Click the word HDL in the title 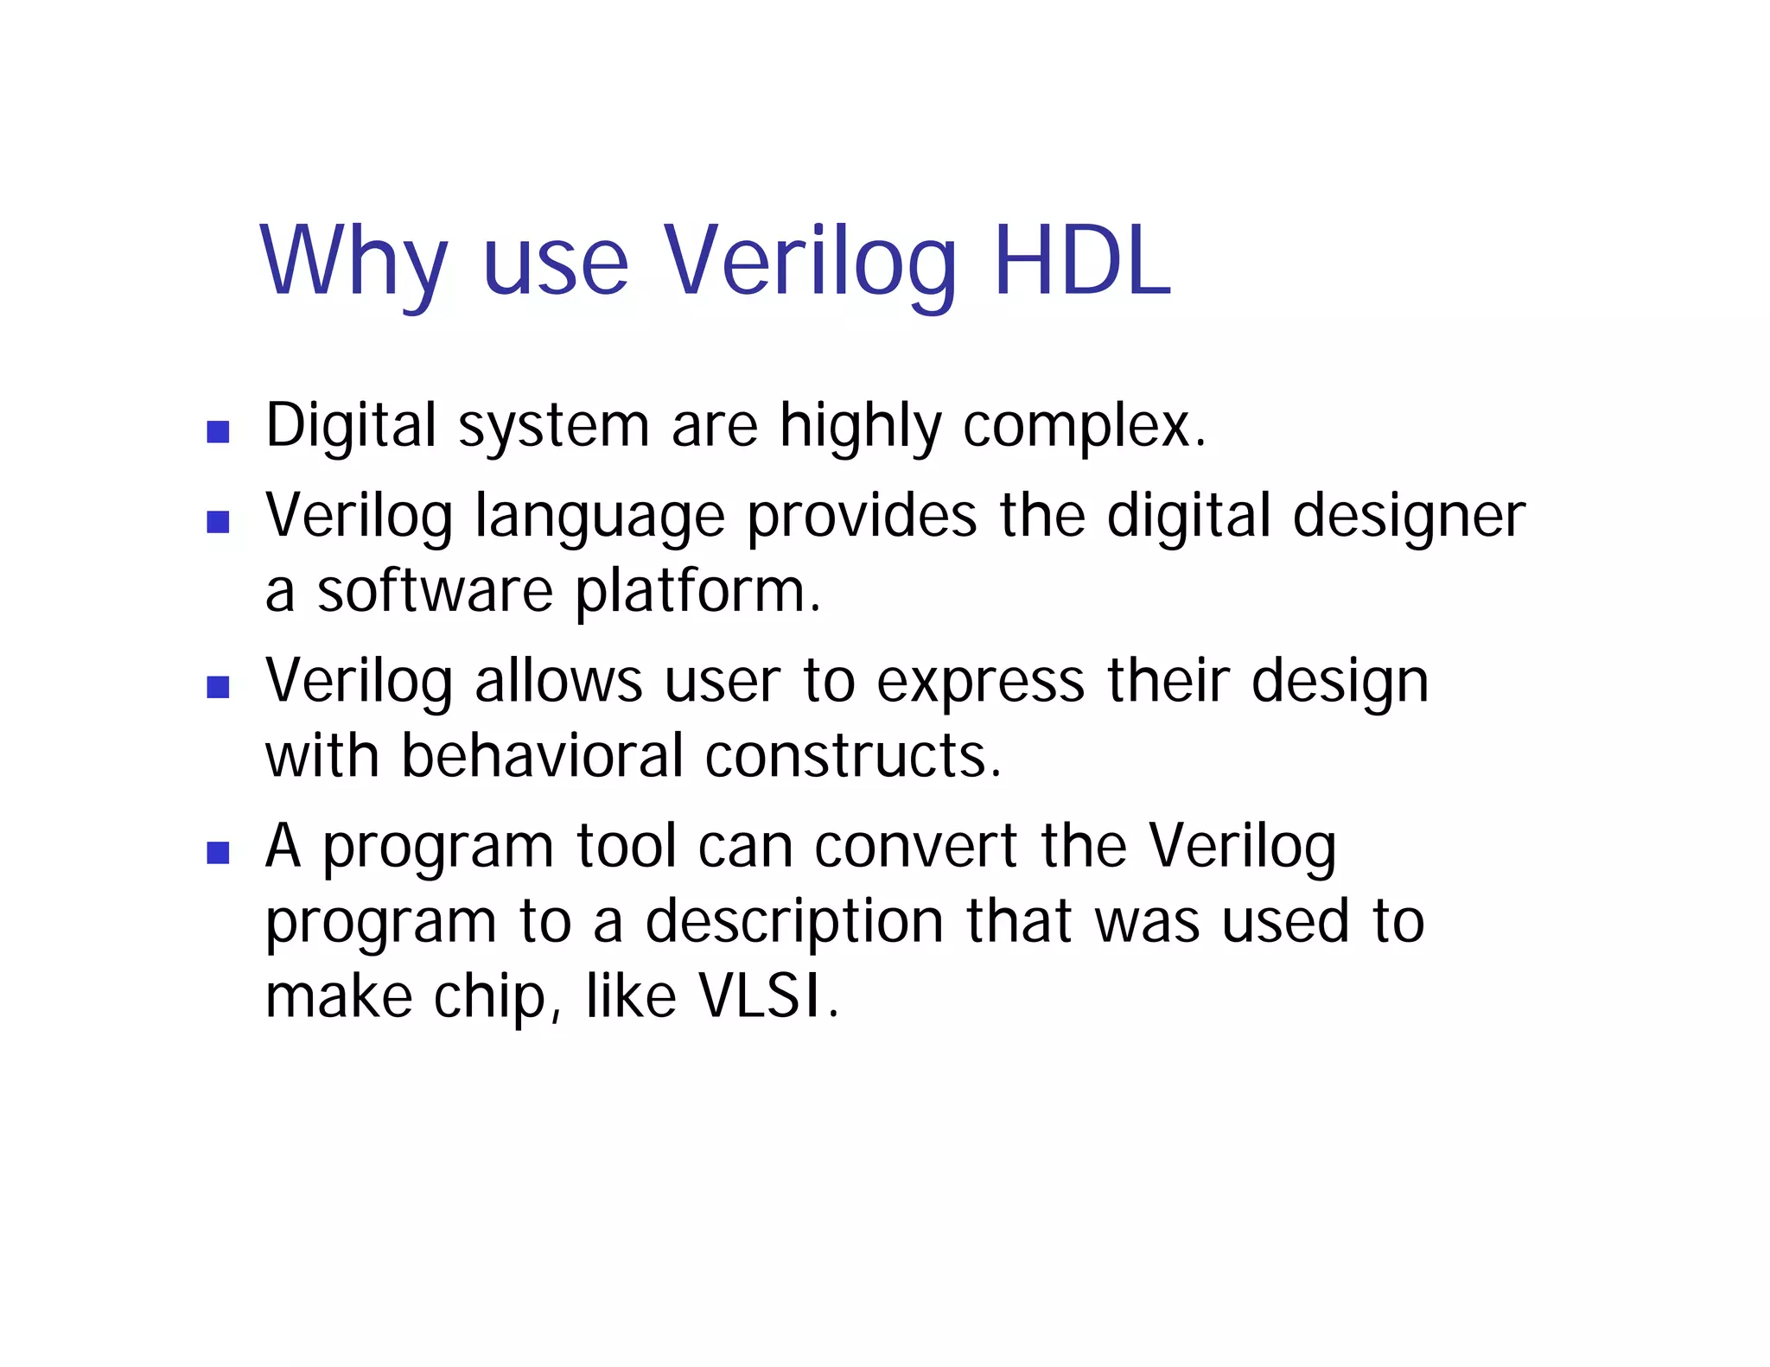coord(1082,261)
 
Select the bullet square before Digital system coord(218,431)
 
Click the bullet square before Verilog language coord(218,522)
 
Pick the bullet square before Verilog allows coord(218,687)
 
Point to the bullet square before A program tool coord(218,853)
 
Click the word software coord(435,592)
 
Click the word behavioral coord(543,756)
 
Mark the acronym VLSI coord(760,997)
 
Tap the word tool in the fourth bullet coord(627,847)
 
